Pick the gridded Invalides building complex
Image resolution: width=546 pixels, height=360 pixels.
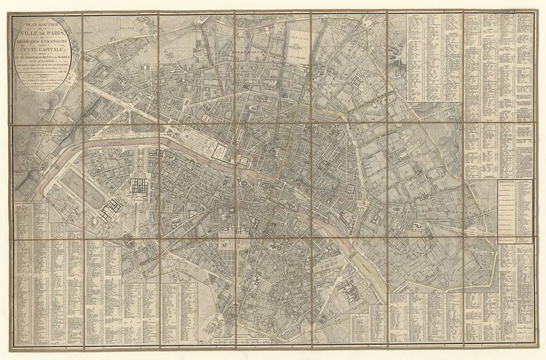coord(139,186)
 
